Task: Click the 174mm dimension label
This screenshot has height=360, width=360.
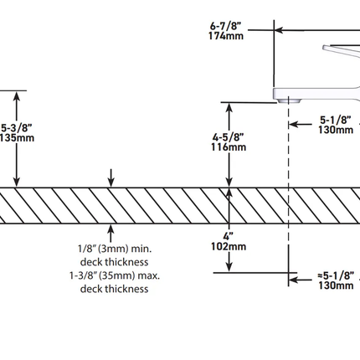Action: [x=226, y=36]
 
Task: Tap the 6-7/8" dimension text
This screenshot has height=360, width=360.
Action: [x=225, y=26]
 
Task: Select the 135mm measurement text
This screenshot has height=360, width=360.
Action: [x=17, y=137]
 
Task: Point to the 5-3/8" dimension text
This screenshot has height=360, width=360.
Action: [x=16, y=128]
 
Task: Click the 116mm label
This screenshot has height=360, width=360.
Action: [x=229, y=147]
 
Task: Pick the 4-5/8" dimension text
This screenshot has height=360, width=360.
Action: [x=228, y=137]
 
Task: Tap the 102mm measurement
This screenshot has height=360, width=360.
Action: [x=229, y=246]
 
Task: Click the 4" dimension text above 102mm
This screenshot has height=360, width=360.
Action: [x=228, y=237]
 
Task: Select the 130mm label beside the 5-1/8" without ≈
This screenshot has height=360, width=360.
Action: [x=336, y=130]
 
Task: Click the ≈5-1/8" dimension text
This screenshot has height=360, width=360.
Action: [x=336, y=275]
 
